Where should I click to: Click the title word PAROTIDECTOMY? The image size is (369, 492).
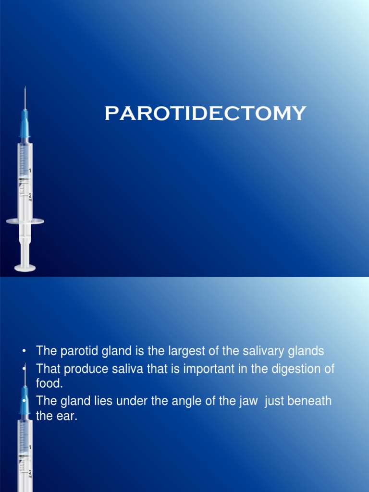[205, 114]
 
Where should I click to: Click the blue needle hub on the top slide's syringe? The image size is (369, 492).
[25, 128]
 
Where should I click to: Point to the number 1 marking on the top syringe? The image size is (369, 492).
[30, 171]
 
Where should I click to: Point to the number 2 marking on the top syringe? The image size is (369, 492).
[30, 196]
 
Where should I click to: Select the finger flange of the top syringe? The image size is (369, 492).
[25, 221]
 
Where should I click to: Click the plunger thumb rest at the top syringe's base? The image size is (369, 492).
[25, 268]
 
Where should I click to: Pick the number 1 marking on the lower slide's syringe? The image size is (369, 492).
[30, 447]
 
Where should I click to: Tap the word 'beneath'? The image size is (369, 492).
[309, 401]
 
